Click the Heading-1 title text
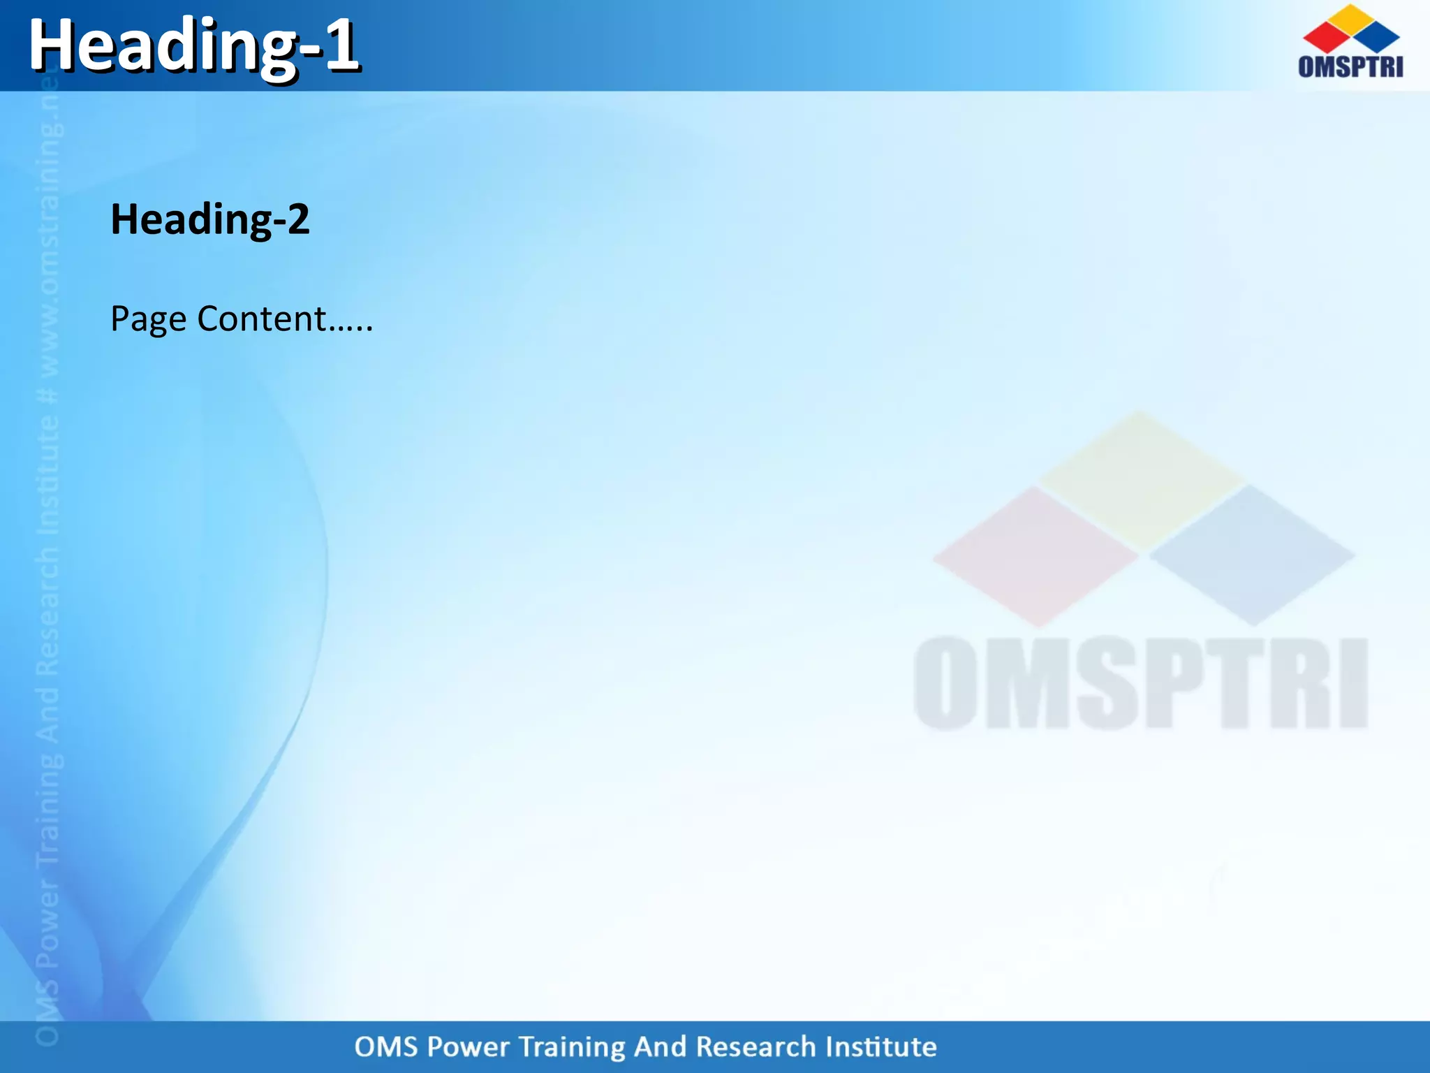193,47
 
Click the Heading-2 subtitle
209,219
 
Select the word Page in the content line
148,320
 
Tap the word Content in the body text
262,319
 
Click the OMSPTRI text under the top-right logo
1350,66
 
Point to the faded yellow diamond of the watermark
1141,480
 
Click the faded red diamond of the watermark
1036,556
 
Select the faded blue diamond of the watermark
1252,555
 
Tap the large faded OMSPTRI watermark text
1140,683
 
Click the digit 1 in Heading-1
342,45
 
